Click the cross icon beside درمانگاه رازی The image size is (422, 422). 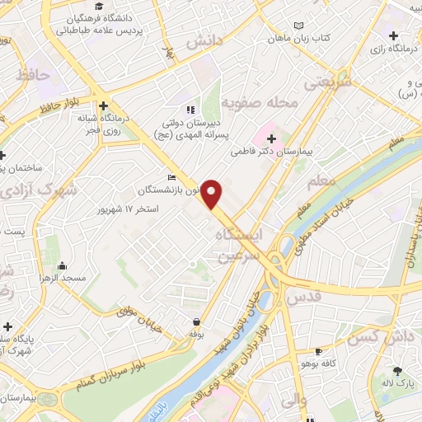(394, 36)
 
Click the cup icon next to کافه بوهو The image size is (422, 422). (318, 351)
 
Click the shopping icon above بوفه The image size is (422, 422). (196, 321)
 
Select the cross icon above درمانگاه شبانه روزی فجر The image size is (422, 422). (102, 106)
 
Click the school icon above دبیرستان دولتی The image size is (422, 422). (190, 109)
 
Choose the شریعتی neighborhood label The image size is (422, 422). (327, 81)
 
